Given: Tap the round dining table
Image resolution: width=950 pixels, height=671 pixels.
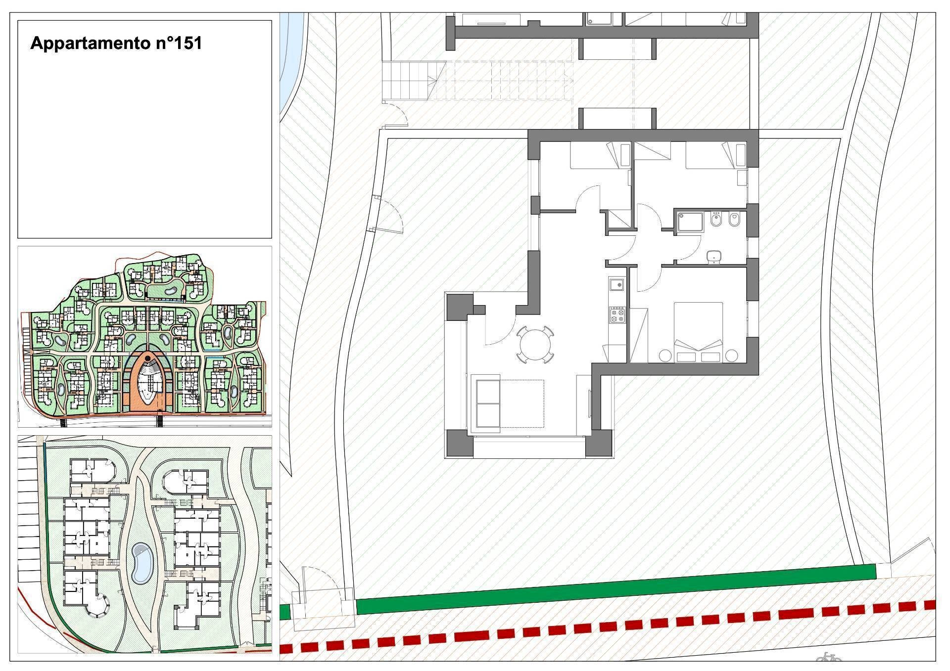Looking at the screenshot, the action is [x=535, y=344].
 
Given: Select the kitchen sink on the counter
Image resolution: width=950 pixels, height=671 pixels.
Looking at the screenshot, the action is [x=617, y=284].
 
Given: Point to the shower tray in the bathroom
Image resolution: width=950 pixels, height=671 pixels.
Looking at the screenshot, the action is [x=690, y=221].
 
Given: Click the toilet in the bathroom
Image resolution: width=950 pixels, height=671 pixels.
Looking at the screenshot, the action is [x=735, y=220].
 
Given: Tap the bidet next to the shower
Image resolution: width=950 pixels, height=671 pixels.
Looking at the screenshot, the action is [x=716, y=220].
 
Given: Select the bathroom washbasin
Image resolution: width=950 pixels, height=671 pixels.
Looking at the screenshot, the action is [x=713, y=256].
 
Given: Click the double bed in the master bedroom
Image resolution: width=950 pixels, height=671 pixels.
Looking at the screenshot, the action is [x=698, y=332].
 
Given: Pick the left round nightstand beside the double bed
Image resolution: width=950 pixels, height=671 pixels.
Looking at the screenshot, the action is [x=665, y=356].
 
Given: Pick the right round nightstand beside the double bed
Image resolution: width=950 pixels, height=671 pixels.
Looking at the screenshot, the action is [x=731, y=356].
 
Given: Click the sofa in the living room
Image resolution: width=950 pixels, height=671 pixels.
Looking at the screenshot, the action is [x=488, y=403].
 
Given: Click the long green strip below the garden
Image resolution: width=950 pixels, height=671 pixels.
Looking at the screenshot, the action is [x=616, y=589].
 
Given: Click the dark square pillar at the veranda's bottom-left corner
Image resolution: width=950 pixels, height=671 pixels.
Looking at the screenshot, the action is [x=460, y=443].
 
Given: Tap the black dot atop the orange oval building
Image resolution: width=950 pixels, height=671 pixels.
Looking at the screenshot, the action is [x=147, y=358].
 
